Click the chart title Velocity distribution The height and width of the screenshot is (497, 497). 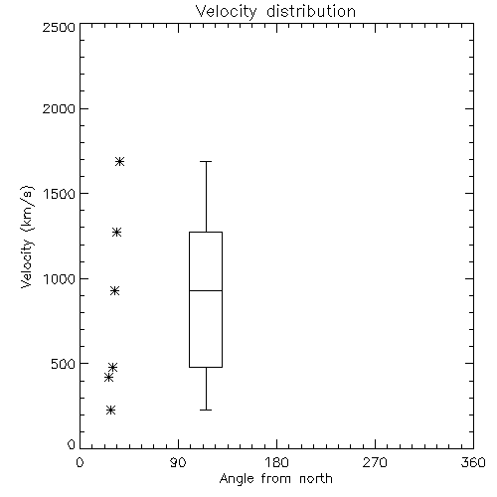click(x=275, y=11)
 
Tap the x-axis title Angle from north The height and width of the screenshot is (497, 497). click(x=275, y=478)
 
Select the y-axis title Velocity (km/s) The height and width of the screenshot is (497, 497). click(x=27, y=237)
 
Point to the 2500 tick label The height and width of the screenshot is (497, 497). click(x=59, y=27)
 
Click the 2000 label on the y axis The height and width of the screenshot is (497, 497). click(x=59, y=108)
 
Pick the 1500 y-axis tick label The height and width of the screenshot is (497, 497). click(x=60, y=194)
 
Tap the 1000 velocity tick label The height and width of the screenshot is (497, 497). click(x=60, y=279)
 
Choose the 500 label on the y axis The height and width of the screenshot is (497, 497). click(x=64, y=364)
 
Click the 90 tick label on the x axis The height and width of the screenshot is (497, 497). click(x=178, y=462)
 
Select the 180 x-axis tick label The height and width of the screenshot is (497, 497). click(x=276, y=462)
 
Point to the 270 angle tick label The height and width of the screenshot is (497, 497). click(x=375, y=462)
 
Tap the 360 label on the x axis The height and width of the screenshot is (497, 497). click(x=473, y=462)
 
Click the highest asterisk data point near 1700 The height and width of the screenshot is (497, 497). click(x=119, y=162)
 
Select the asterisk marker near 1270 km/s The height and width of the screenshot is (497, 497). click(x=116, y=232)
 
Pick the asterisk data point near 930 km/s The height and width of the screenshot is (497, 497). click(x=114, y=291)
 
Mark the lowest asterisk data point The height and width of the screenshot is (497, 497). click(x=110, y=411)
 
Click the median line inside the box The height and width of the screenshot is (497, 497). click(x=206, y=290)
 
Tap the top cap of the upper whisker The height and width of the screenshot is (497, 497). click(x=206, y=161)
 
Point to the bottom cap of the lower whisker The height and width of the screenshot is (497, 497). click(x=206, y=410)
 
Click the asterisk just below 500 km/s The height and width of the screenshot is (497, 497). click(x=112, y=367)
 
